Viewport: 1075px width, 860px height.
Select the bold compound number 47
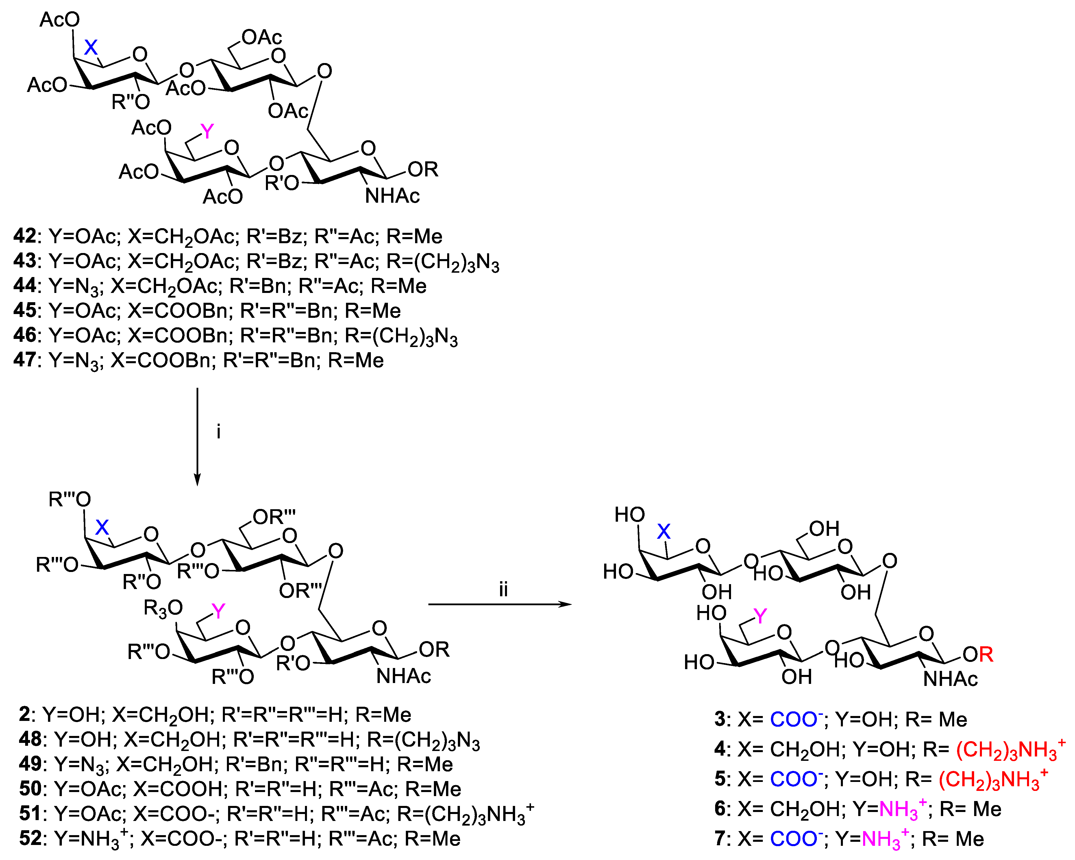pyautogui.click(x=25, y=360)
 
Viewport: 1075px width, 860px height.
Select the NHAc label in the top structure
pyautogui.click(x=393, y=196)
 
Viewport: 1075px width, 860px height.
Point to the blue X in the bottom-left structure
pyautogui.click(x=102, y=527)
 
